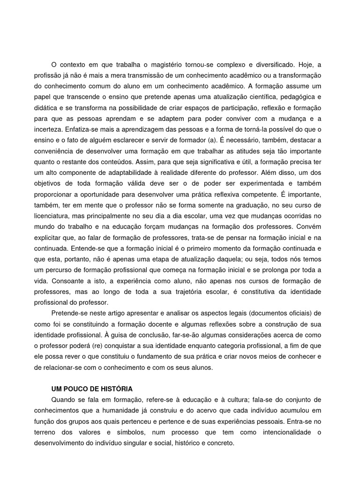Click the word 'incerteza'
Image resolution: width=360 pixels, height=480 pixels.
[47, 129]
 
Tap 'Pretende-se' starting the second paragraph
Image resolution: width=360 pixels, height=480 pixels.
[68, 313]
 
